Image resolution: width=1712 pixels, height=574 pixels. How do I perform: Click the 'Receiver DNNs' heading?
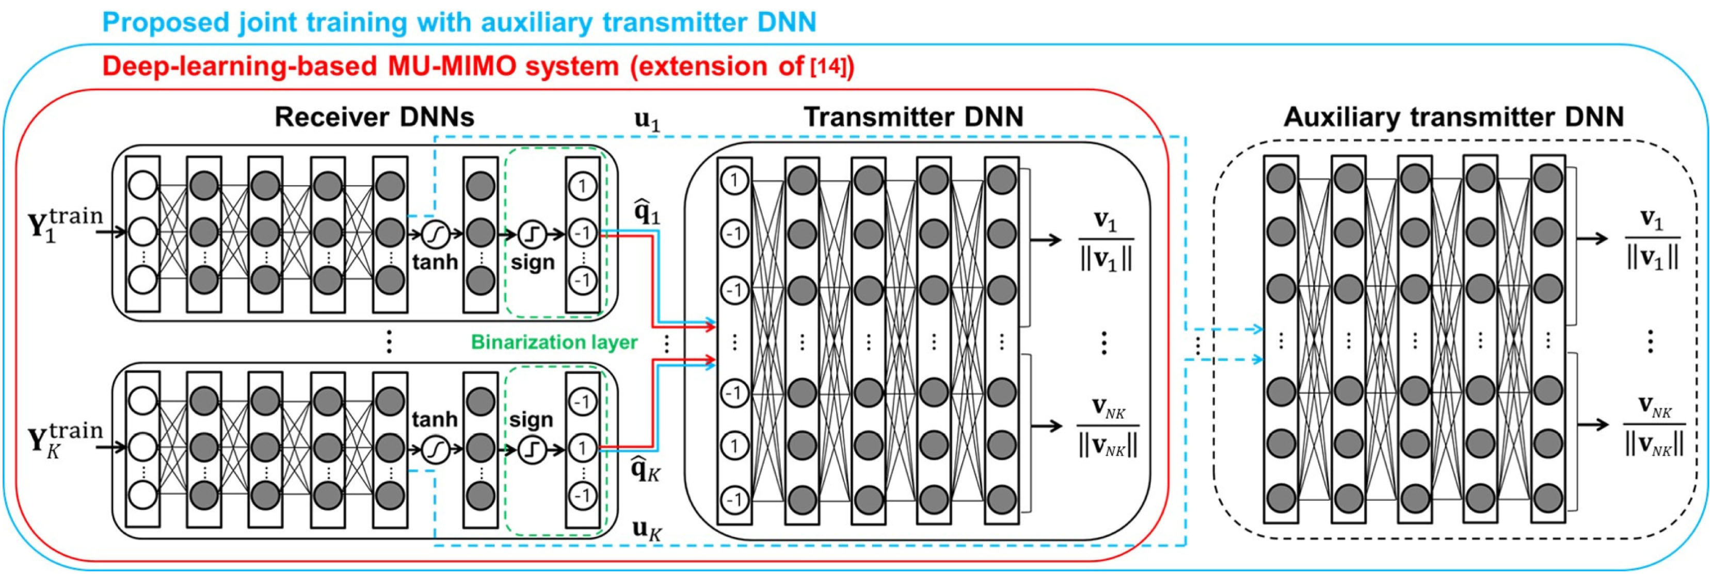374,117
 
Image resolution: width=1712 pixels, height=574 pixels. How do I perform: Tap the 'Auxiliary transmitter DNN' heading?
1453,117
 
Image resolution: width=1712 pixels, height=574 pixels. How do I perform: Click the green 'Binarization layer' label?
554,342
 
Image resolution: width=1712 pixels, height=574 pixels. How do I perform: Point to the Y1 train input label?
65,224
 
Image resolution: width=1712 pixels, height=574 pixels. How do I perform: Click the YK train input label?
65,440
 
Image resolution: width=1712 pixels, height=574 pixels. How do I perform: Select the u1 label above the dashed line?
647,120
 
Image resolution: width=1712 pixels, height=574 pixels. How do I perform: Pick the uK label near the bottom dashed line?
647,530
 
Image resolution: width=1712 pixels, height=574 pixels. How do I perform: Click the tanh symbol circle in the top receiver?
435,234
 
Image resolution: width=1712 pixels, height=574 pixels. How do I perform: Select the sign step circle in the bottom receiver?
532,450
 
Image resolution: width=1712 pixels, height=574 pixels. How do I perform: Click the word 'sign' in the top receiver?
532,263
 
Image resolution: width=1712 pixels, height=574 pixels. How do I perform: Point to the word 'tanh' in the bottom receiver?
435,419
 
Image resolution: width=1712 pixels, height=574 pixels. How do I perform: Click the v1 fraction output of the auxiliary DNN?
1652,239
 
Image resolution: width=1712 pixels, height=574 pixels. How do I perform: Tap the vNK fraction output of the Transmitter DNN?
1107,426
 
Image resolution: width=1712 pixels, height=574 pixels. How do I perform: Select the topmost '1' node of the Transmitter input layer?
734,179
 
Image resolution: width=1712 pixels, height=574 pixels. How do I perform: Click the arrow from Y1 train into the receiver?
111,232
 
